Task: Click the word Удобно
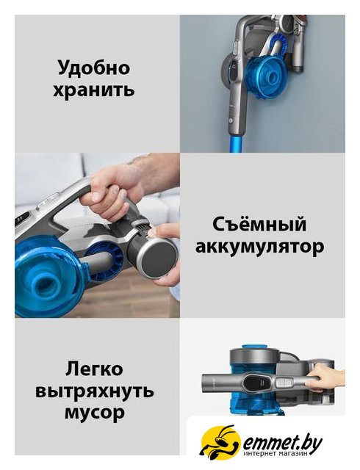pyautogui.click(x=94, y=68)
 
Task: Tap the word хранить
pyautogui.click(x=94, y=90)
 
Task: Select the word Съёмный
pyautogui.click(x=259, y=225)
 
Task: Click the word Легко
pyautogui.click(x=94, y=369)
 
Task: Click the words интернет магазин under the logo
pyautogui.click(x=276, y=455)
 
